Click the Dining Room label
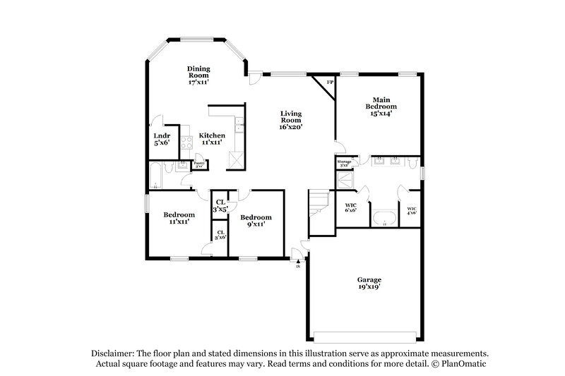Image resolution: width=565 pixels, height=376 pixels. click(x=198, y=75)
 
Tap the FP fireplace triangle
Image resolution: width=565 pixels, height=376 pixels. click(x=327, y=83)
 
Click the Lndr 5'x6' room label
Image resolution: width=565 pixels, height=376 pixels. click(x=161, y=139)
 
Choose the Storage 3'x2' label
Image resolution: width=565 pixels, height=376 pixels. click(x=344, y=164)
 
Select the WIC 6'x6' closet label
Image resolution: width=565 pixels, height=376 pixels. click(x=350, y=208)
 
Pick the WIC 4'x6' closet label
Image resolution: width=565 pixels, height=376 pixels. click(x=412, y=210)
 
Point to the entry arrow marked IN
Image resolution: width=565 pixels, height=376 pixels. click(x=298, y=262)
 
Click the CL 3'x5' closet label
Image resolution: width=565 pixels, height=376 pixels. click(x=220, y=205)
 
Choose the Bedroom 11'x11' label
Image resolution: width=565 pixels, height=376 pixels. click(x=179, y=218)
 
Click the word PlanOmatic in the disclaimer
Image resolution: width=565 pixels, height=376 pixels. click(x=463, y=363)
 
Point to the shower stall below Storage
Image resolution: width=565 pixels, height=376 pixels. click(x=346, y=180)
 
